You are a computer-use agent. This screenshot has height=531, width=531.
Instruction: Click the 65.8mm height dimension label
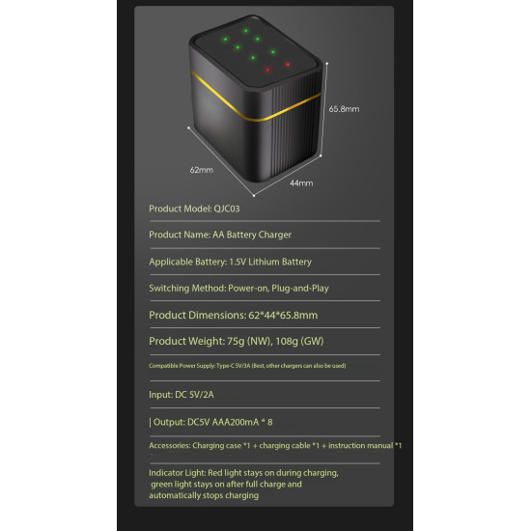[x=344, y=109]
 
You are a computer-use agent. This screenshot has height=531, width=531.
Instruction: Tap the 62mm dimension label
[x=202, y=170]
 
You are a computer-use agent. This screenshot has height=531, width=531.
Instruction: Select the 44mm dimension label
[x=301, y=183]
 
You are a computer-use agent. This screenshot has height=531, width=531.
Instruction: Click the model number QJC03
[x=227, y=209]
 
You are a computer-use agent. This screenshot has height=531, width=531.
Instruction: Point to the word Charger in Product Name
[x=274, y=235]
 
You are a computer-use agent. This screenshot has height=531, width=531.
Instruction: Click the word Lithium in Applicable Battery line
[x=264, y=262]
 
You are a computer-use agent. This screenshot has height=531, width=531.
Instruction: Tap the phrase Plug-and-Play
[x=300, y=289]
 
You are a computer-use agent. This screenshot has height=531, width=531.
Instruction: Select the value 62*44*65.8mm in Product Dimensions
[x=283, y=316]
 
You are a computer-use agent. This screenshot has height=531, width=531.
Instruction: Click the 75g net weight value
[x=236, y=342]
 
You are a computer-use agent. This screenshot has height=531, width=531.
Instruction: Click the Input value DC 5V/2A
[x=194, y=395]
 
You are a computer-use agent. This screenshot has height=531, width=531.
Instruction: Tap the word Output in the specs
[x=169, y=422]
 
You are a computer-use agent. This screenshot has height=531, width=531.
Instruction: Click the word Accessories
[x=169, y=446]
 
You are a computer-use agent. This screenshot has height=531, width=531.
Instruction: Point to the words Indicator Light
[x=178, y=473]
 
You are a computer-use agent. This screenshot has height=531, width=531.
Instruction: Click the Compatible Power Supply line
[x=247, y=366]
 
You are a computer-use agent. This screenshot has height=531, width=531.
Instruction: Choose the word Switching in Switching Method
[x=169, y=289]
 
